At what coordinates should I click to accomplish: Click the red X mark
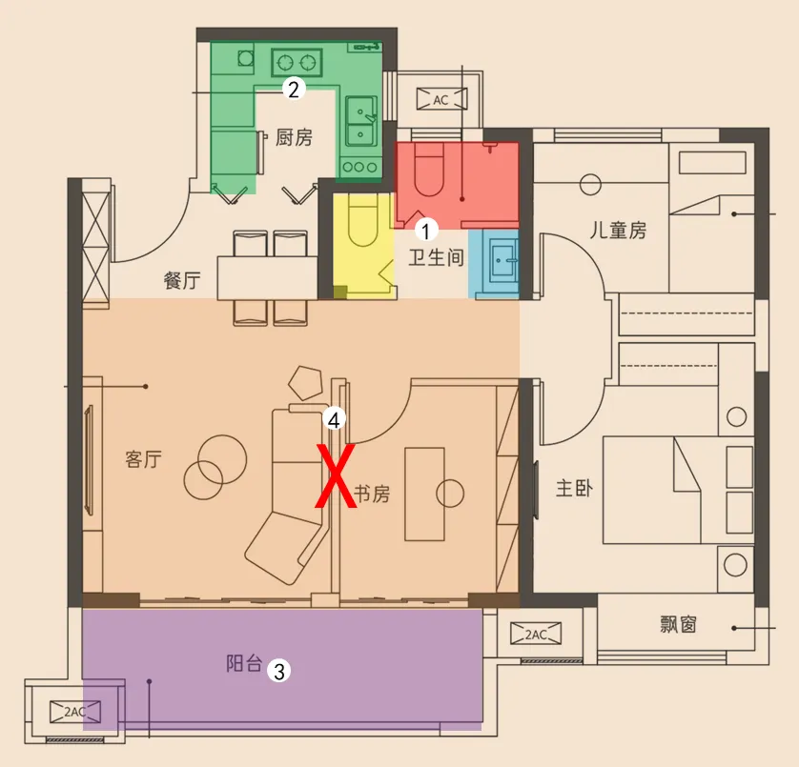click(x=336, y=476)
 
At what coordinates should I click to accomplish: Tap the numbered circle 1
click(x=426, y=231)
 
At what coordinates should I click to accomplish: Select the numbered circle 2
click(x=294, y=90)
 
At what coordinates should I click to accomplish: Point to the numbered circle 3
click(x=278, y=671)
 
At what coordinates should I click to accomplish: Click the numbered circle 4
click(x=334, y=420)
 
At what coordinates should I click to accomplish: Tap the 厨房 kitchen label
click(x=294, y=137)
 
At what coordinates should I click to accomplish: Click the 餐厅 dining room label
click(x=182, y=280)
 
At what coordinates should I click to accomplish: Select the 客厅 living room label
click(x=143, y=459)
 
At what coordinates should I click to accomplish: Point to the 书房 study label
click(x=372, y=494)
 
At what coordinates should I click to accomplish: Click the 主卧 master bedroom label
click(x=574, y=489)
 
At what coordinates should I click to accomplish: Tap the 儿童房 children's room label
click(x=618, y=231)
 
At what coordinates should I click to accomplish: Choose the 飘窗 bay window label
click(x=678, y=624)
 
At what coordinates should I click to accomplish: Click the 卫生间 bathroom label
click(x=436, y=257)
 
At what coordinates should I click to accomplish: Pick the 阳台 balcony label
click(x=244, y=663)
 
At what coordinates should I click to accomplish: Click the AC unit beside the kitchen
click(x=441, y=99)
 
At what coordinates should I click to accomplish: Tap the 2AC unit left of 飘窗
click(x=536, y=634)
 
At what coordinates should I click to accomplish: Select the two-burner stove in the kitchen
click(x=297, y=63)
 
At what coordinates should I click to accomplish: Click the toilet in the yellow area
click(x=363, y=220)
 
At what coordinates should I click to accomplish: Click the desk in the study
click(x=424, y=494)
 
